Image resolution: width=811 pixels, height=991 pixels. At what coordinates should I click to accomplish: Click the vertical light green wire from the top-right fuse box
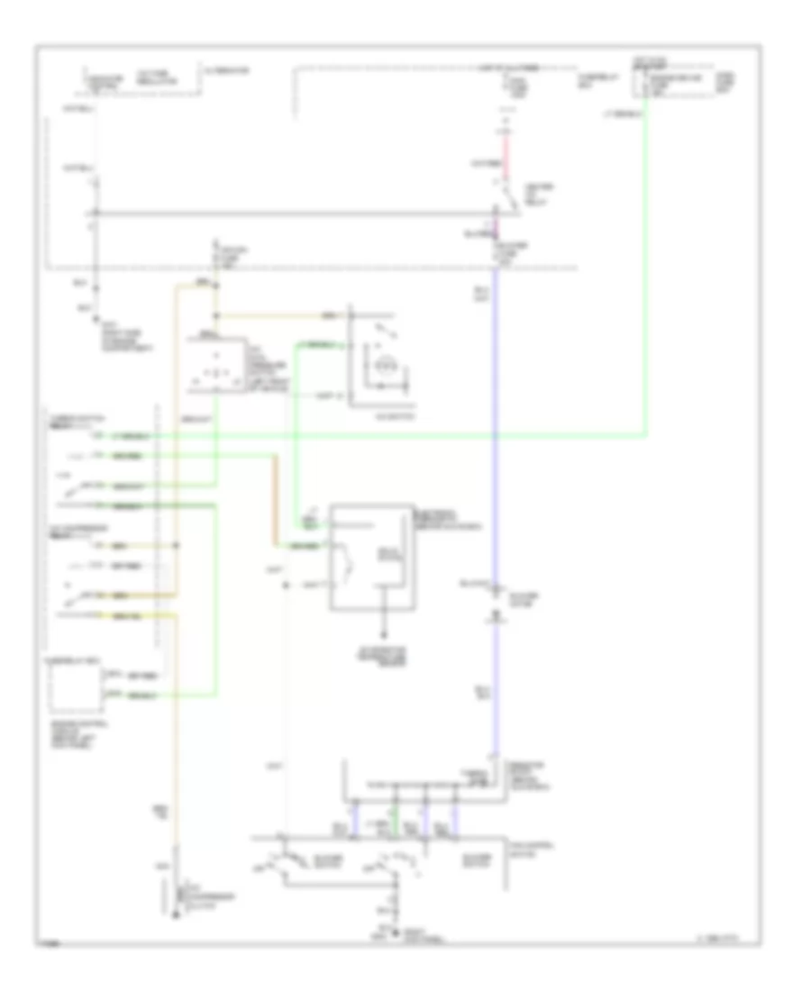point(645,270)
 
